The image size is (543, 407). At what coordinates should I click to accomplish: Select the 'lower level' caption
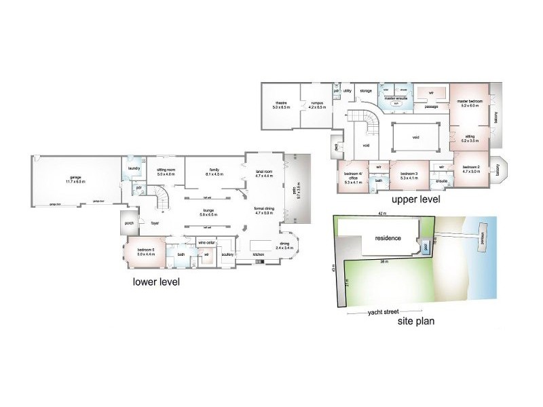(156, 282)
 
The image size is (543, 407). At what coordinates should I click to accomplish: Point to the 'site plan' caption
(416, 322)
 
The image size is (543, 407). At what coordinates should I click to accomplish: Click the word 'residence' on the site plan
(385, 238)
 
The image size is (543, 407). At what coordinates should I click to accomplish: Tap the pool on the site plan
(426, 247)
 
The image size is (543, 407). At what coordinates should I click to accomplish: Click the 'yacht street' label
(383, 313)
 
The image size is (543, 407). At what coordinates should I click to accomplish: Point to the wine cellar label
(206, 241)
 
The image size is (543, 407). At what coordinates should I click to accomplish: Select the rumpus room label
(316, 104)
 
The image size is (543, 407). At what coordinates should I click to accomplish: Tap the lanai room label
(263, 173)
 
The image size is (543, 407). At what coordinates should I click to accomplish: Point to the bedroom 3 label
(408, 176)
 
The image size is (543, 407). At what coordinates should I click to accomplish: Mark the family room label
(214, 172)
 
